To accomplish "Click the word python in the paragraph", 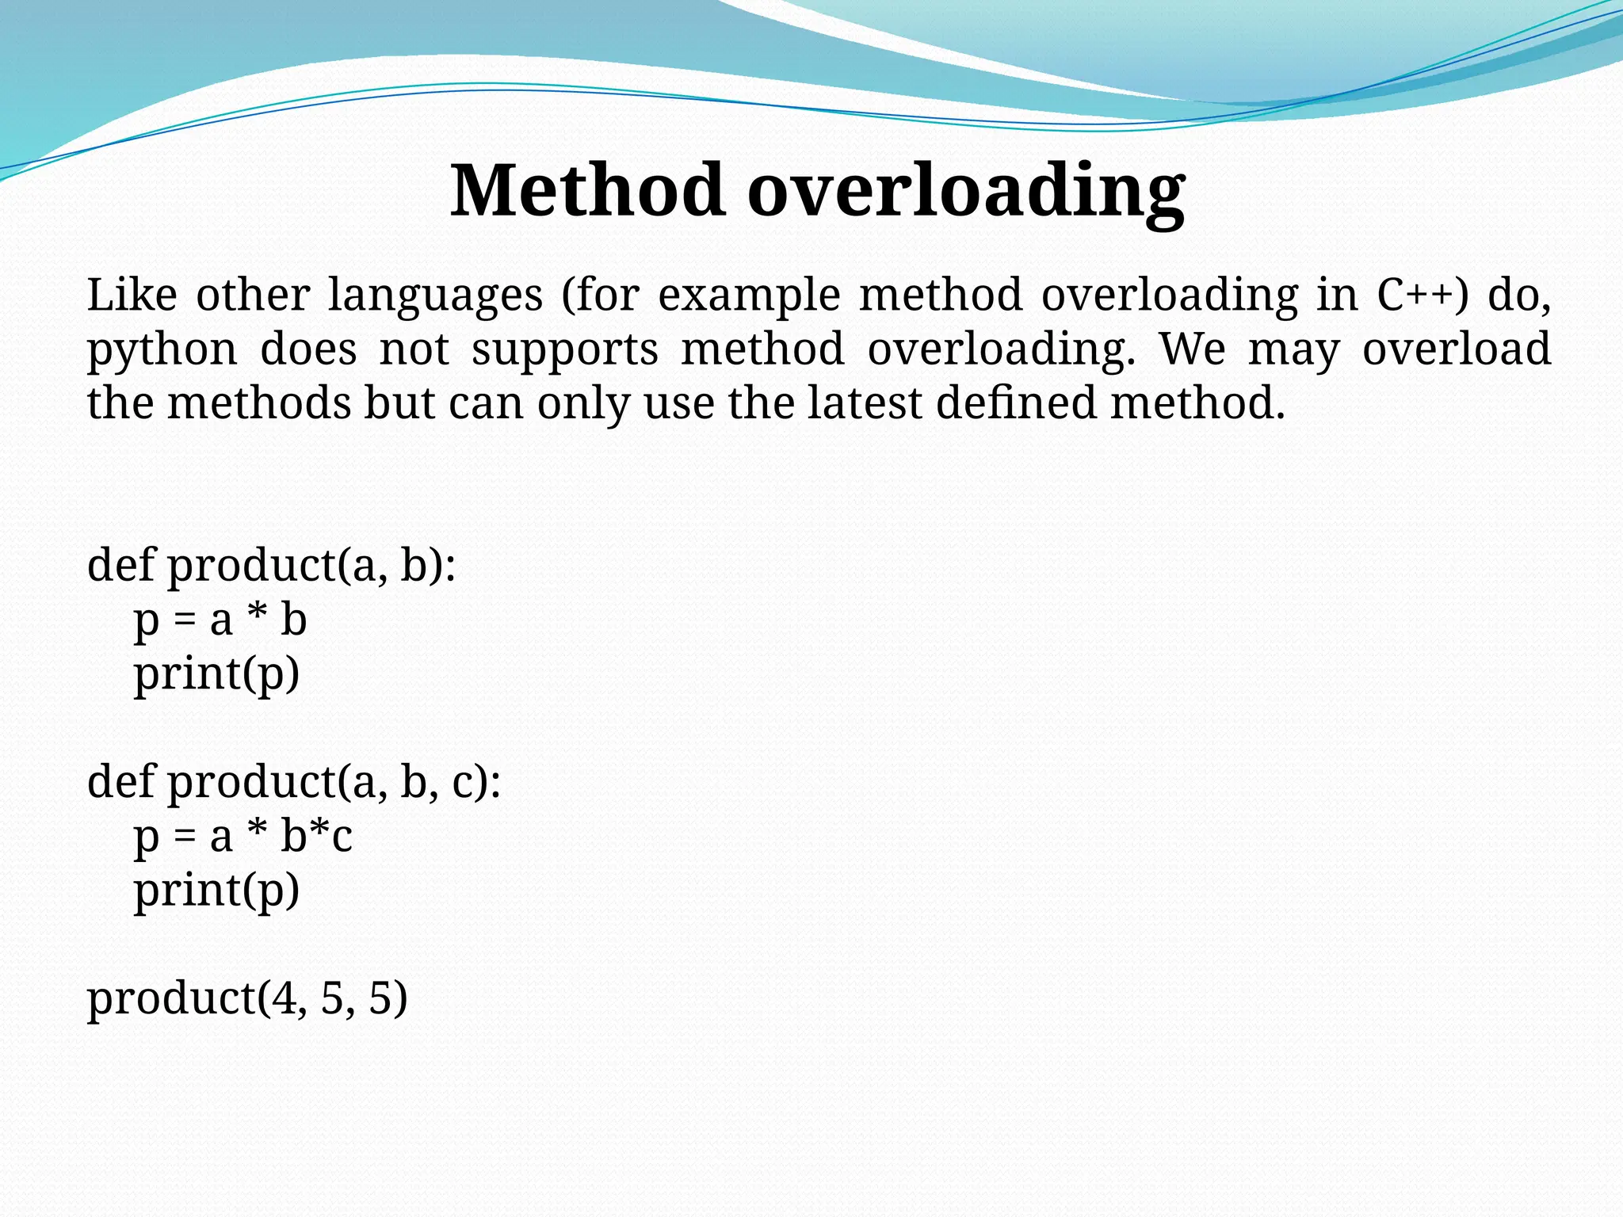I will [x=162, y=350].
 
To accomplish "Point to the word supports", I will [x=565, y=350].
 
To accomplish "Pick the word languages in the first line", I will [x=435, y=295].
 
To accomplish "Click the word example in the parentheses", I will [x=749, y=295].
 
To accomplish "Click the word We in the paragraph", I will [x=1192, y=349].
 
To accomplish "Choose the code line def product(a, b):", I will [x=271, y=566].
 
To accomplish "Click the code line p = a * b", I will [x=220, y=620].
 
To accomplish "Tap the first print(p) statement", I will [x=216, y=673].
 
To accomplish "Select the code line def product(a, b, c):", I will [x=294, y=782].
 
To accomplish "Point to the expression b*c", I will [x=316, y=836].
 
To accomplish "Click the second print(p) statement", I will [x=216, y=890].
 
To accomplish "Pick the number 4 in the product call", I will [x=283, y=998].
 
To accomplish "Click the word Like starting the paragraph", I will [x=132, y=295].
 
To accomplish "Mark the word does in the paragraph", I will [x=308, y=349].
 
